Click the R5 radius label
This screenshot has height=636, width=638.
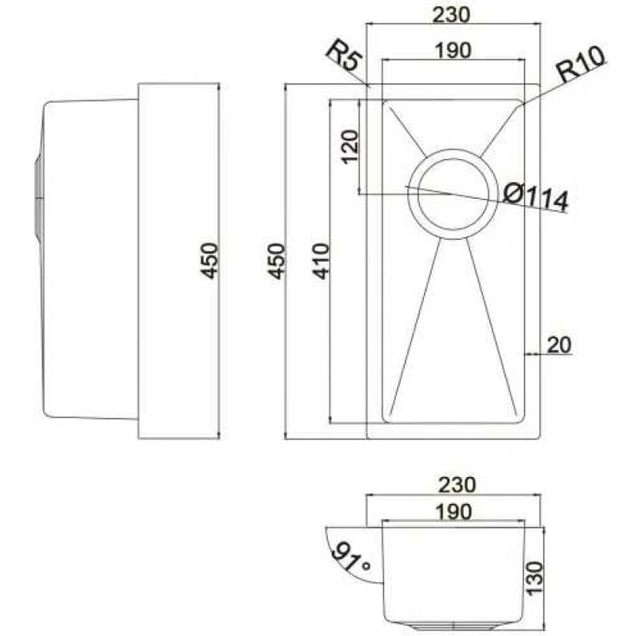click(x=344, y=55)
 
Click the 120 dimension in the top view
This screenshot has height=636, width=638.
click(x=350, y=147)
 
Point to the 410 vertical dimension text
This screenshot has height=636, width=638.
click(x=321, y=261)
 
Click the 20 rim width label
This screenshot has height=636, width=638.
click(x=559, y=345)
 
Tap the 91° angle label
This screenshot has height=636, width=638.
click(x=350, y=557)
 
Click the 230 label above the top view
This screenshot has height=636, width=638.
click(x=451, y=14)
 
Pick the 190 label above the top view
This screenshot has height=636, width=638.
click(x=453, y=50)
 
